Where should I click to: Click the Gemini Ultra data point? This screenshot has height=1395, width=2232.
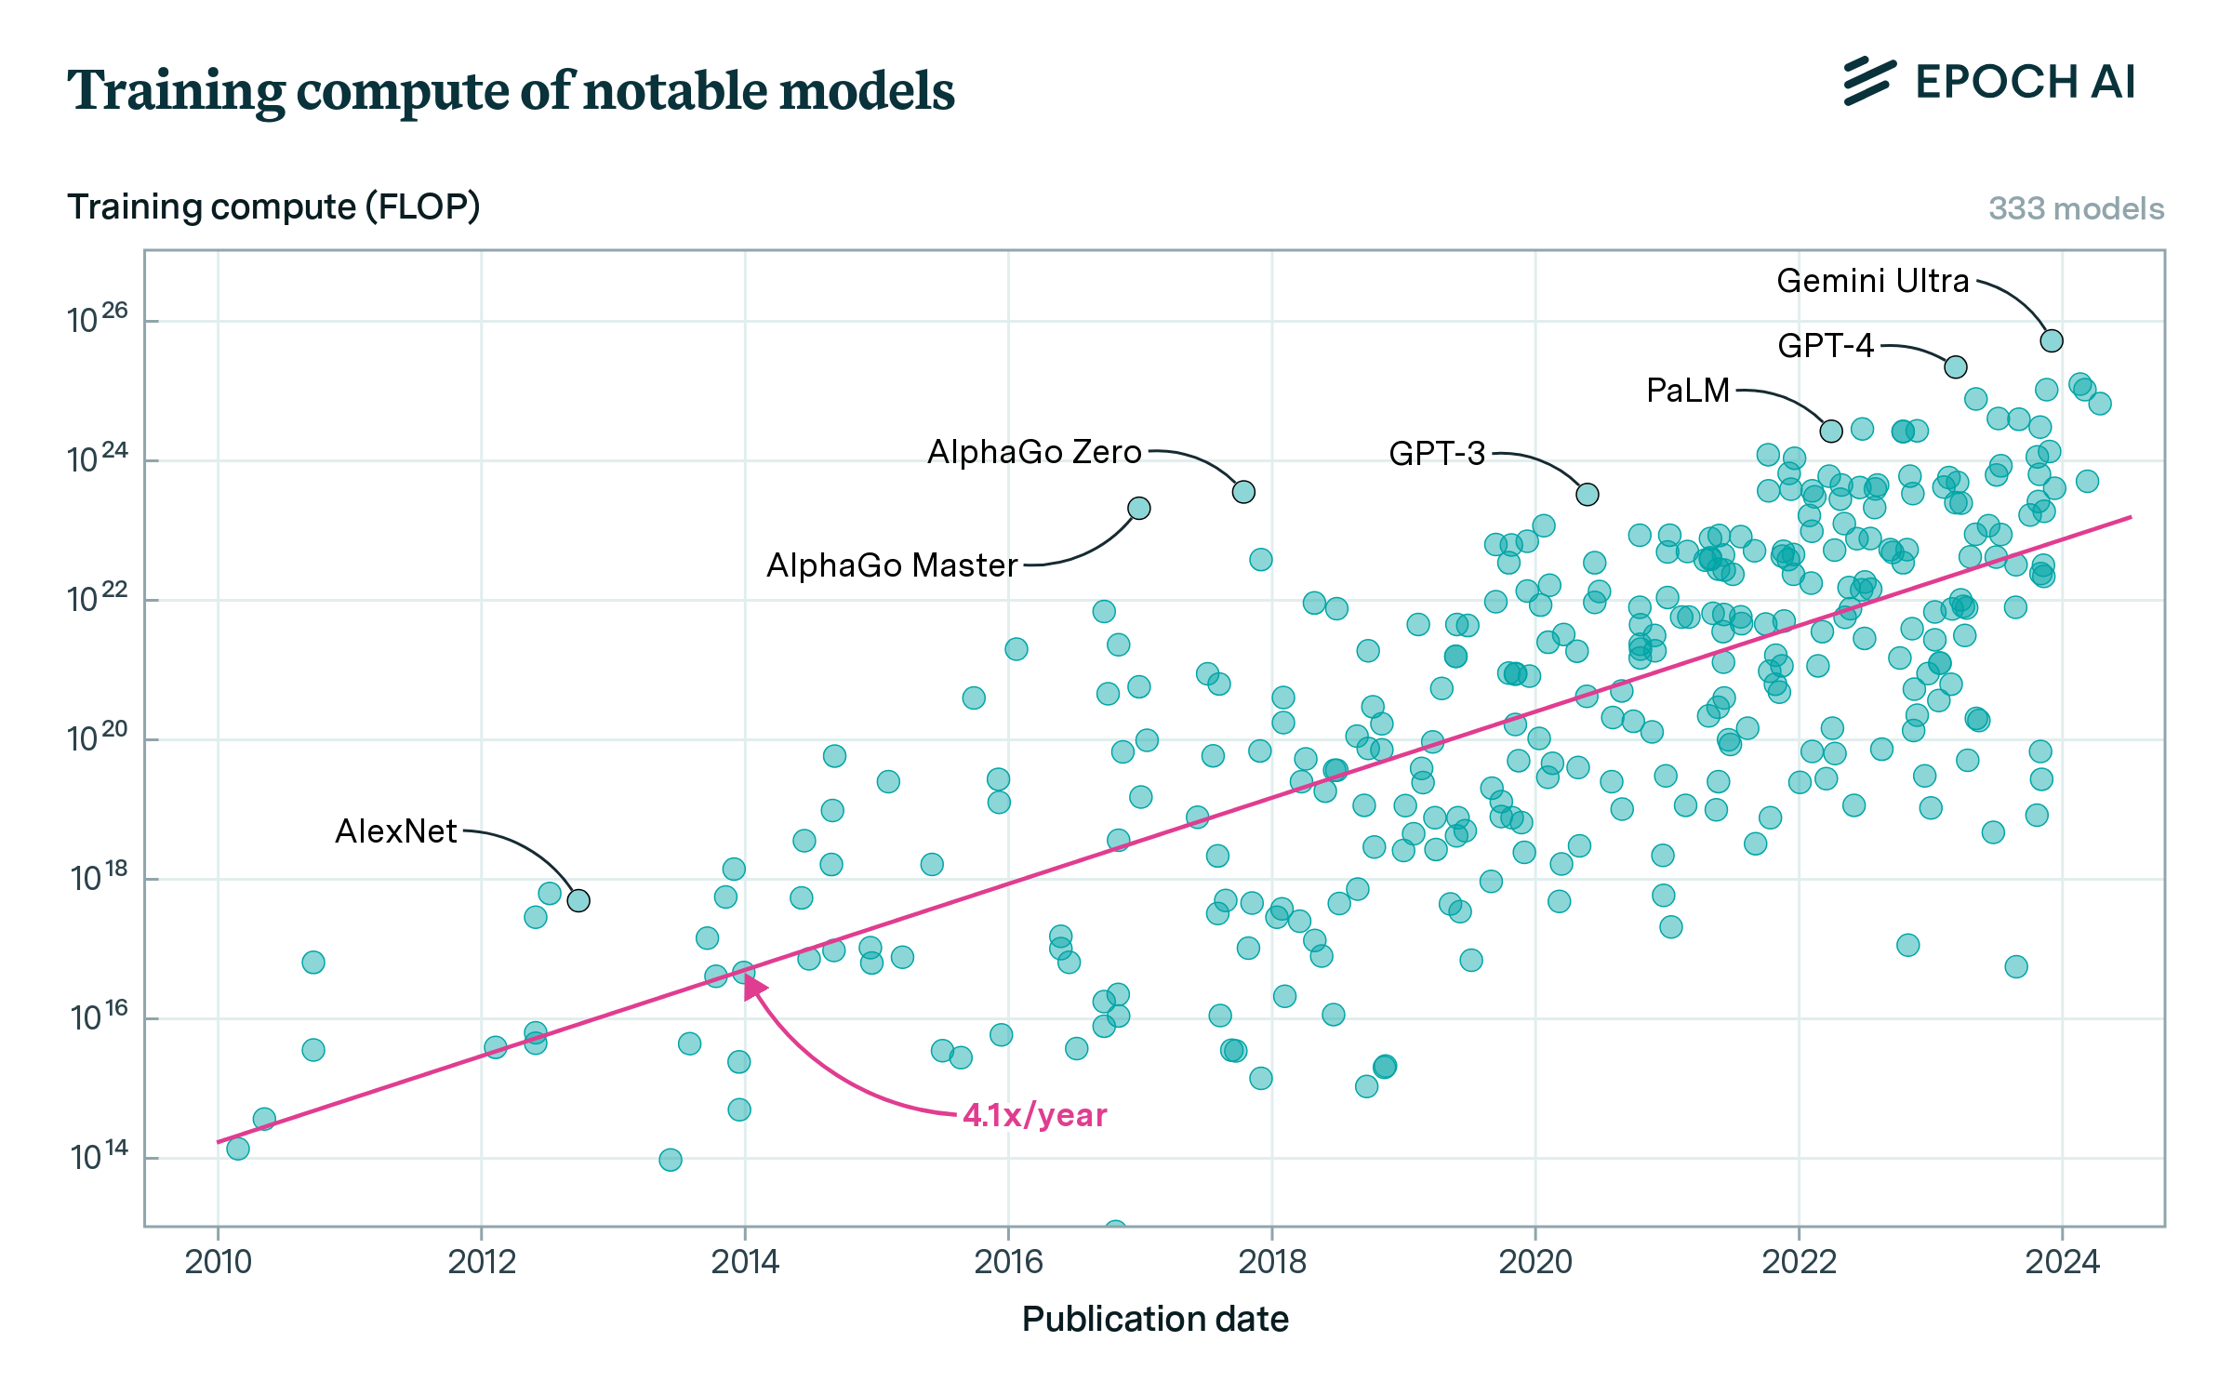click(x=2051, y=341)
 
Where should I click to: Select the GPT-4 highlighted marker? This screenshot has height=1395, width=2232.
click(x=1955, y=367)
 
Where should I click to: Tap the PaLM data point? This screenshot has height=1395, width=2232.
click(x=1830, y=432)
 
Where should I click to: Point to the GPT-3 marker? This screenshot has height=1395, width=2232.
click(x=1587, y=495)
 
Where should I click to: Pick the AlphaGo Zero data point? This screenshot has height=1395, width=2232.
click(x=1243, y=492)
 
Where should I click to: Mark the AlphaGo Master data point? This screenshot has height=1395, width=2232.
click(x=1138, y=509)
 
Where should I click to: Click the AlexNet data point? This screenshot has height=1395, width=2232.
click(x=578, y=901)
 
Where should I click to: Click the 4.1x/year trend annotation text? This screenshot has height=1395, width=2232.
click(x=1034, y=1115)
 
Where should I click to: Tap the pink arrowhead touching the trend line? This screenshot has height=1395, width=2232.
click(x=754, y=987)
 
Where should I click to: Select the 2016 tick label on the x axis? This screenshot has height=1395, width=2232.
click(x=1007, y=1262)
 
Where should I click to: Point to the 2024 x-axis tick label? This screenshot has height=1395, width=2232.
click(x=2062, y=1262)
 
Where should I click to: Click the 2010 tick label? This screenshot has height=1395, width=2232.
click(x=218, y=1262)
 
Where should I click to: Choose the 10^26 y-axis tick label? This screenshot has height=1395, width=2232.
click(x=97, y=319)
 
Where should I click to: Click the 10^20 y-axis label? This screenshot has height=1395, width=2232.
click(x=97, y=737)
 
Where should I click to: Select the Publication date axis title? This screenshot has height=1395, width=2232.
click(x=1154, y=1320)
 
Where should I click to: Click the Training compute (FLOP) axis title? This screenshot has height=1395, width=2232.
click(x=273, y=206)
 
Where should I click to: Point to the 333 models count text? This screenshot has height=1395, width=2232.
click(x=2076, y=208)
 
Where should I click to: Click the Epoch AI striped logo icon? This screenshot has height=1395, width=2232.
click(x=1869, y=81)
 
